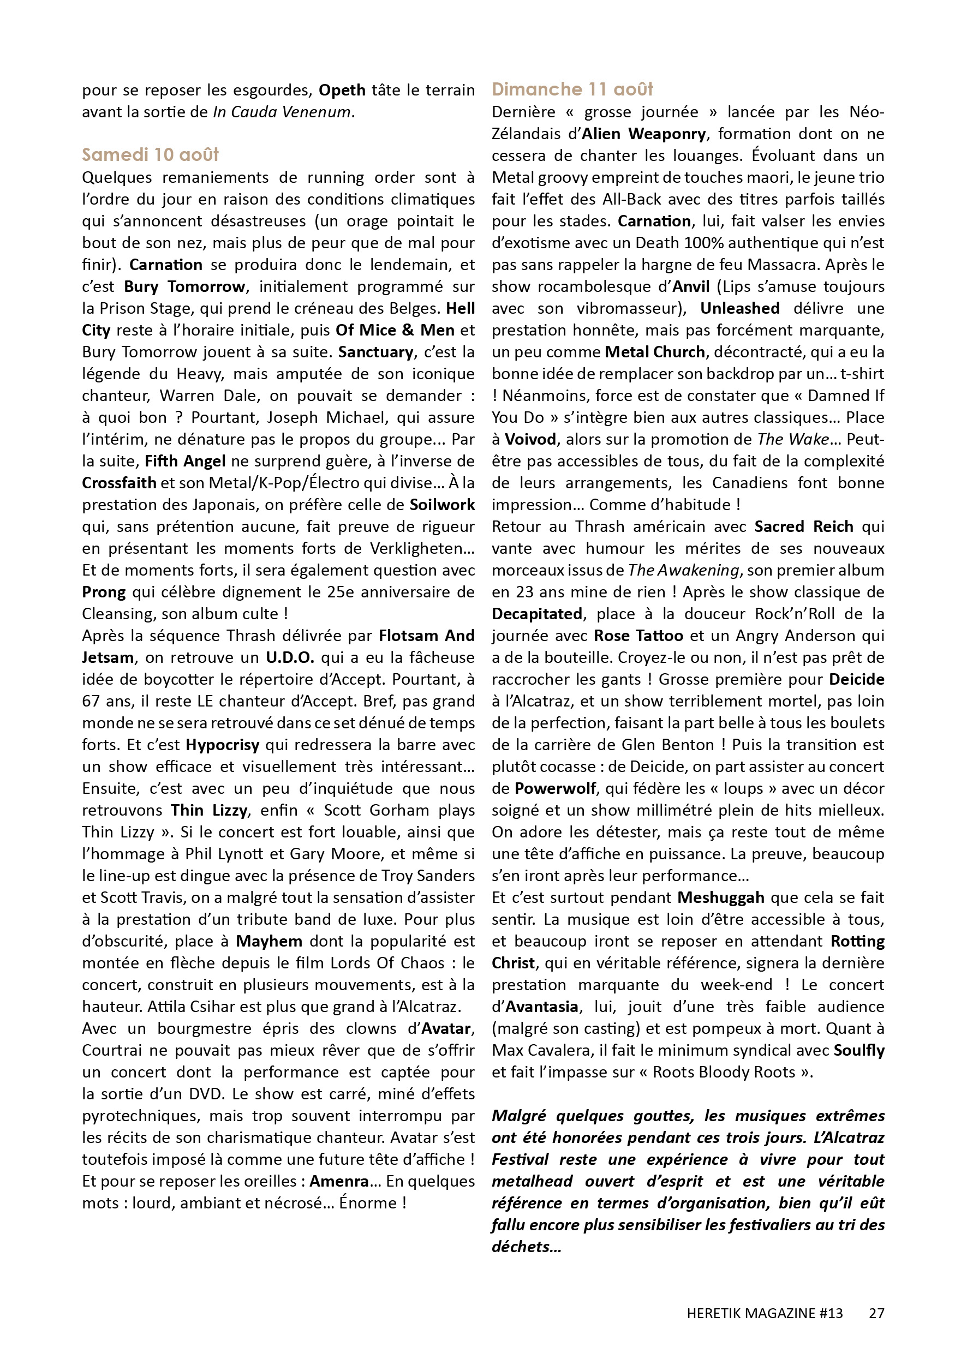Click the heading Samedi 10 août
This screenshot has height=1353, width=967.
[x=150, y=155]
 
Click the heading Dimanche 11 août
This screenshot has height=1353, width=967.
[x=572, y=89]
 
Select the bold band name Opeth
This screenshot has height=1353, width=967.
[x=342, y=91]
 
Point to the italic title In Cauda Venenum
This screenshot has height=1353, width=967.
[x=282, y=112]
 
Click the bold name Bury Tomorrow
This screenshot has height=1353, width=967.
[x=184, y=287]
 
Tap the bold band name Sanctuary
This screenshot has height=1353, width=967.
[x=375, y=352]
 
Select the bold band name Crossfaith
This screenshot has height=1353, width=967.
[x=119, y=483]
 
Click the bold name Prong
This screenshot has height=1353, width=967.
[x=104, y=592]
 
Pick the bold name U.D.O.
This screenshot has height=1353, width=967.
[x=290, y=658]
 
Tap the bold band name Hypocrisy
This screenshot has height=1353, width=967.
[x=222, y=745]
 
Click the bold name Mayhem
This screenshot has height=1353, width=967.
[x=269, y=942]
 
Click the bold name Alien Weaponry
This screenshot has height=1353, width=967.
[x=644, y=134]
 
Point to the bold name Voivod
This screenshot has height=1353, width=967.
[x=530, y=440]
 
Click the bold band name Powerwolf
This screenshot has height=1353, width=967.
[x=555, y=789]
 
